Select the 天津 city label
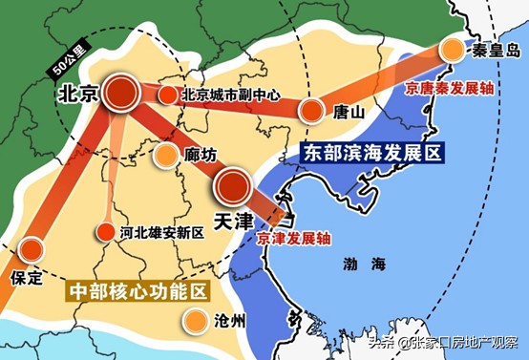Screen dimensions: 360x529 (232, 222)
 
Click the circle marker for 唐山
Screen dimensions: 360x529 (311, 111)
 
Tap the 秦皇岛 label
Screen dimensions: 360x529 (492, 50)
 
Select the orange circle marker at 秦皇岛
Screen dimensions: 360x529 (451, 51)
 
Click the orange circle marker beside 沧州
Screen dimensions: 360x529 (196, 322)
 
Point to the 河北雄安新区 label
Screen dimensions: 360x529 (162, 232)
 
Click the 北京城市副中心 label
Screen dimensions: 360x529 (228, 95)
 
